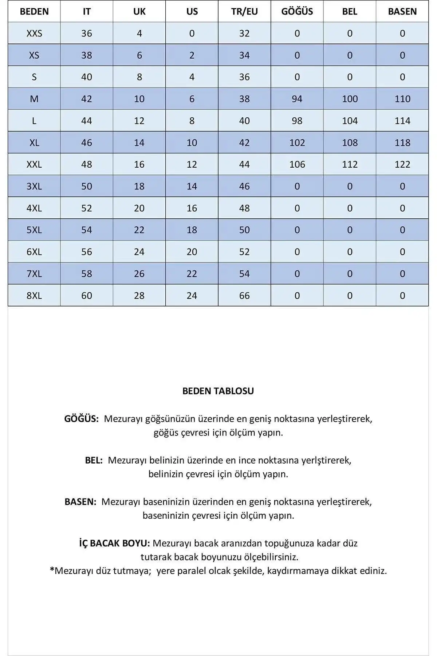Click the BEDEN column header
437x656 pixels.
(34, 11)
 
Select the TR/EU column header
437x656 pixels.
(244, 11)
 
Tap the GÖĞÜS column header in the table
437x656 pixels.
(297, 11)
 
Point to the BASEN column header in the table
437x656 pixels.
(402, 11)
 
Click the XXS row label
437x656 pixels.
(34, 33)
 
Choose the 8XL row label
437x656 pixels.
(34, 295)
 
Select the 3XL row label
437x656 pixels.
(34, 186)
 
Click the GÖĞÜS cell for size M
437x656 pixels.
(297, 99)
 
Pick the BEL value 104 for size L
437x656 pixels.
(350, 121)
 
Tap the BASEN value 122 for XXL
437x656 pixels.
(402, 164)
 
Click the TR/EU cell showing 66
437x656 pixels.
(244, 295)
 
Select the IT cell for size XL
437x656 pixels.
(87, 142)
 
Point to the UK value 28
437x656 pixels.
(139, 295)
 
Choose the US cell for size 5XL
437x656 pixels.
(192, 230)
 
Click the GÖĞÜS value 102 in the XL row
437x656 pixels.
(297, 142)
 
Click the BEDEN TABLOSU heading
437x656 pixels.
(218, 391)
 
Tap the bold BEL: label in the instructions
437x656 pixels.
(94, 460)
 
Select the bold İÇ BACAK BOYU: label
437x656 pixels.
(114, 543)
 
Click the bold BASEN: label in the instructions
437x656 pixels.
(80, 502)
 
